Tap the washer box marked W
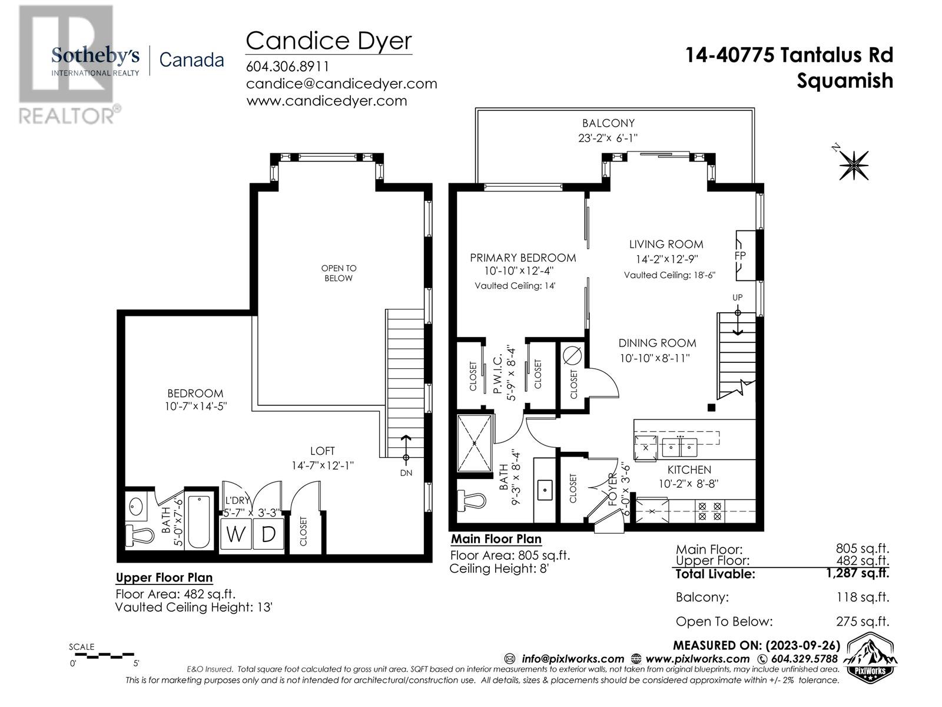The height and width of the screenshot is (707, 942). click(236, 534)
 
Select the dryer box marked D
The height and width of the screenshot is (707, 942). click(268, 534)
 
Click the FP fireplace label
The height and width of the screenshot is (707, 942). click(740, 256)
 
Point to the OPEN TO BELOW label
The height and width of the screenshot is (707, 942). click(339, 273)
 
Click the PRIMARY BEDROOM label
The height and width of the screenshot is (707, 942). click(523, 257)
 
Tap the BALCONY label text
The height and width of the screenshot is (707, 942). click(608, 123)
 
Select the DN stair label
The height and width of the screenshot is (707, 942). click(406, 473)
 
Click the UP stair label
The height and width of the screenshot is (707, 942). click(737, 298)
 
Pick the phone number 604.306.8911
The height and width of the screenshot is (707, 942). click(287, 67)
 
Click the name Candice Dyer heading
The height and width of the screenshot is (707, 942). click(329, 41)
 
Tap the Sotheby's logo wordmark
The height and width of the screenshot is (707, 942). click(95, 57)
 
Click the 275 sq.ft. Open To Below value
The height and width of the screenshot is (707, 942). click(862, 621)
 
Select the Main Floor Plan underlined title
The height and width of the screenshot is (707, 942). click(496, 539)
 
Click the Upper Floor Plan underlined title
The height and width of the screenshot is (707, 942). click(164, 577)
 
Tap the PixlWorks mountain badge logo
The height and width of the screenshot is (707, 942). click(871, 658)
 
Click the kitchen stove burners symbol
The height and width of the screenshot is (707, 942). click(709, 510)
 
